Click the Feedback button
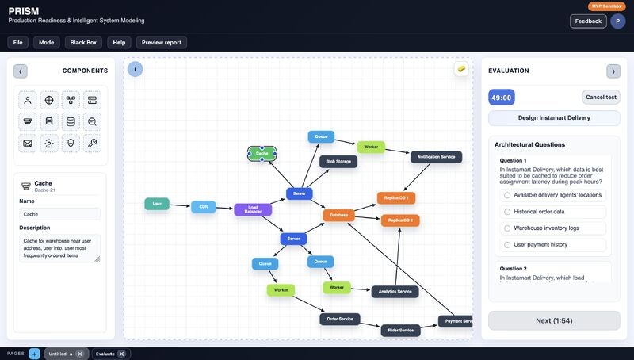pos(588,21)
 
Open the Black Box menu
pos(82,42)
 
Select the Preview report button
pos(162,42)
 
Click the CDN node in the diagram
pos(203,207)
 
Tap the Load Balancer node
pos(253,209)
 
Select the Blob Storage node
pos(338,161)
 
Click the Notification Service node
pos(436,157)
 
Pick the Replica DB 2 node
pos(400,220)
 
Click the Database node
pos(338,215)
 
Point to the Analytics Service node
pos(395,291)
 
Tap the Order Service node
pos(340,319)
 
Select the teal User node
pos(157,204)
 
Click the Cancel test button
pos(601,97)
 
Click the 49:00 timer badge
pos(502,98)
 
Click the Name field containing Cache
pos(60,214)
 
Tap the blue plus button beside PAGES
pos(34,354)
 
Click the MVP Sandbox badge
pos(606,6)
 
